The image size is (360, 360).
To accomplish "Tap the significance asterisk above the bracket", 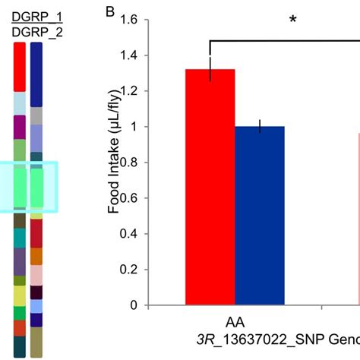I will coord(292,20).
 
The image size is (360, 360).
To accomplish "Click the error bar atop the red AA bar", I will coord(210,68).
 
